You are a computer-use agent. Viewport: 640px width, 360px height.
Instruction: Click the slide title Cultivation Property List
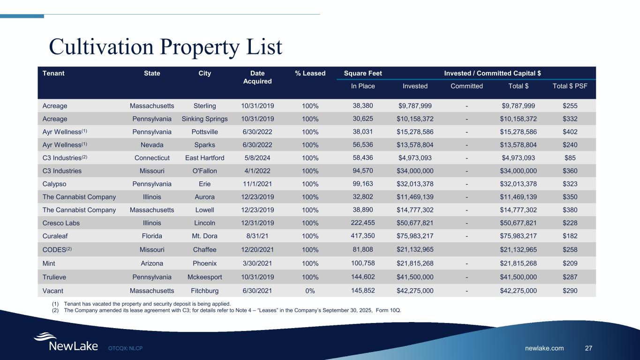pos(166,47)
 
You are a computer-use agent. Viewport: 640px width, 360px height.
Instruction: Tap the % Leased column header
pos(310,73)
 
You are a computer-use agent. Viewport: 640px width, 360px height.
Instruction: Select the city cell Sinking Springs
pos(204,119)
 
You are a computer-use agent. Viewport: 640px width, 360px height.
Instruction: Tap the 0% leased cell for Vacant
pos(310,291)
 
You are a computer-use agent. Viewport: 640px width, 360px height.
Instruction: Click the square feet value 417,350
pos(363,235)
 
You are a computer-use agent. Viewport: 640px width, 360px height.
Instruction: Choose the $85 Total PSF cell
pos(570,158)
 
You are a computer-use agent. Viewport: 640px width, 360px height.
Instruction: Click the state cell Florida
pos(151,236)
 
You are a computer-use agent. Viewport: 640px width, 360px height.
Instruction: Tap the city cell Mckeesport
pos(204,277)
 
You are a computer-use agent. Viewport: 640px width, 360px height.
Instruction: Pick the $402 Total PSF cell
pos(570,132)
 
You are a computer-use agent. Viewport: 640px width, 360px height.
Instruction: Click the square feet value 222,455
pos(363,222)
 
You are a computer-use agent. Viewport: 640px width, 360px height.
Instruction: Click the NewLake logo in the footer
pos(66,343)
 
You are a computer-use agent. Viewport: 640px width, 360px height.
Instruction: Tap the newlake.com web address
pos(545,348)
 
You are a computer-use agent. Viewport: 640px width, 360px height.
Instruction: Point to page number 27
pos(589,348)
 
